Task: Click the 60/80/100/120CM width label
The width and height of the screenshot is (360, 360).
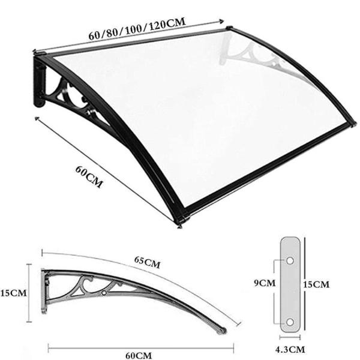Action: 137,29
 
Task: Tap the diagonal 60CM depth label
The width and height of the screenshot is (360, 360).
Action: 89,177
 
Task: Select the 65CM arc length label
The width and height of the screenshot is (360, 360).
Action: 147,262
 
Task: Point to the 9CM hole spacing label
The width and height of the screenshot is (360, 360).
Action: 265,283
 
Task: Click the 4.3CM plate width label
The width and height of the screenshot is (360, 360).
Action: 290,350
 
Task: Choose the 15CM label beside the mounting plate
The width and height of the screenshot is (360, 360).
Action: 316,284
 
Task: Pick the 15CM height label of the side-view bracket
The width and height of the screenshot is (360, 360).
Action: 13,293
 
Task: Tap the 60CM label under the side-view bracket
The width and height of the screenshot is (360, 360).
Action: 139,355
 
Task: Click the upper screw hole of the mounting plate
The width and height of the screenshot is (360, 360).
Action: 290,261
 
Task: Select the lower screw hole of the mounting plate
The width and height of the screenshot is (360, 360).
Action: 290,322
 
